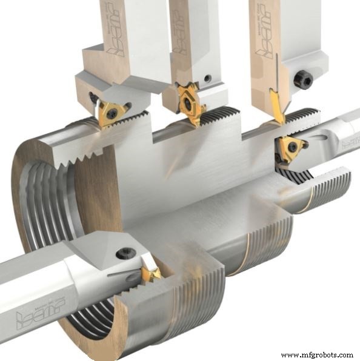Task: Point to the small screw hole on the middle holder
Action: (x=208, y=78)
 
